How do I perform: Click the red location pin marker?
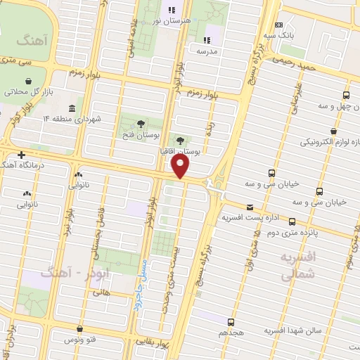(x=181, y=166)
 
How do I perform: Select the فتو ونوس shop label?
(x=81, y=340)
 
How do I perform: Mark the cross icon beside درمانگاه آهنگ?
(x=22, y=155)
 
